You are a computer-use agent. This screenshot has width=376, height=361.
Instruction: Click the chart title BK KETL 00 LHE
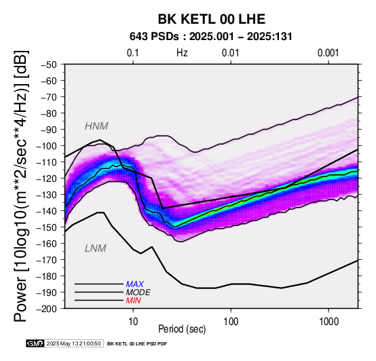pyautogui.click(x=212, y=19)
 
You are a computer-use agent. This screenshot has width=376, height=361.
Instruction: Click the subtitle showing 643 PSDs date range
pyautogui.click(x=211, y=37)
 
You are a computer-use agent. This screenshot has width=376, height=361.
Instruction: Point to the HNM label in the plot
pyautogui.click(x=96, y=126)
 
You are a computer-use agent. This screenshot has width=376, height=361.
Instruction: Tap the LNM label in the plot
pyautogui.click(x=96, y=248)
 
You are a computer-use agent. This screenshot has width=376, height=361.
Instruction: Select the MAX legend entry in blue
pyautogui.click(x=135, y=284)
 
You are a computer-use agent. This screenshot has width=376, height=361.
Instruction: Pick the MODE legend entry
pyautogui.click(x=138, y=292)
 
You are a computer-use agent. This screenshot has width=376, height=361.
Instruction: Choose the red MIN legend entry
pyautogui.click(x=133, y=301)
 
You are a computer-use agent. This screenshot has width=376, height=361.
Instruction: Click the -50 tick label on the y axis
pyautogui.click(x=49, y=64)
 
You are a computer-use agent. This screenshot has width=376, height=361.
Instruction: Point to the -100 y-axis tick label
pyautogui.click(x=47, y=146)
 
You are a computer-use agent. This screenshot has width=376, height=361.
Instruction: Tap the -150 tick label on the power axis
pyautogui.click(x=47, y=227)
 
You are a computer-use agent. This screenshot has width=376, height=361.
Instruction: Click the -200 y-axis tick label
pyautogui.click(x=47, y=308)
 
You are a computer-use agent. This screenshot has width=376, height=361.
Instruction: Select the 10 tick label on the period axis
pyautogui.click(x=133, y=322)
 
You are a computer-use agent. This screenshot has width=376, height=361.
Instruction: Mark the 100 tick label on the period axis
pyautogui.click(x=231, y=322)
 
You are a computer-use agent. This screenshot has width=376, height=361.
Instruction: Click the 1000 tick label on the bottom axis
pyautogui.click(x=328, y=322)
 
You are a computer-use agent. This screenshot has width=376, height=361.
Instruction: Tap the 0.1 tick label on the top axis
pyautogui.click(x=133, y=53)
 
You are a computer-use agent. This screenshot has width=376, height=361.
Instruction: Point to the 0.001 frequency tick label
pyautogui.click(x=328, y=53)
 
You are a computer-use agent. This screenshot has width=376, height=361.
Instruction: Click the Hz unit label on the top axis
pyautogui.click(x=182, y=53)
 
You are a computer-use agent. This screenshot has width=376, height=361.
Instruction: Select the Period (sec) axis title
pyautogui.click(x=182, y=329)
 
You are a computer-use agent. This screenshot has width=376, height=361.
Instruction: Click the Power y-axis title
pyautogui.click(x=20, y=186)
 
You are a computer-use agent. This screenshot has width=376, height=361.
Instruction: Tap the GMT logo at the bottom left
pyautogui.click(x=35, y=343)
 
